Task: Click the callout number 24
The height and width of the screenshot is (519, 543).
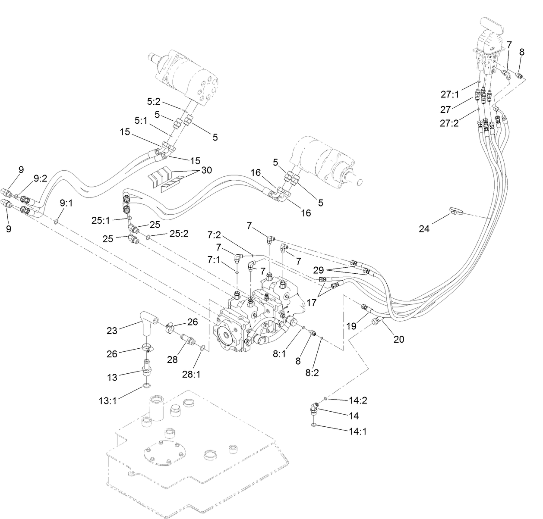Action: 424,228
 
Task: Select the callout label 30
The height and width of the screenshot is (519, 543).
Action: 207,170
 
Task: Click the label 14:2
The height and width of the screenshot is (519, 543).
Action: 358,400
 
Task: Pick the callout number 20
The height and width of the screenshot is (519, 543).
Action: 399,339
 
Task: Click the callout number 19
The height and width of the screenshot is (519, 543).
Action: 351,326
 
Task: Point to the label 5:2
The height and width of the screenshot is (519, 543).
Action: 154,102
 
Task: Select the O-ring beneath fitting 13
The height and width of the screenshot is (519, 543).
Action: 147,386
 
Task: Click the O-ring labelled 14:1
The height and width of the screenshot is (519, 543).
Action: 313,426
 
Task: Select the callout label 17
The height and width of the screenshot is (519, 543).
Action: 312,303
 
